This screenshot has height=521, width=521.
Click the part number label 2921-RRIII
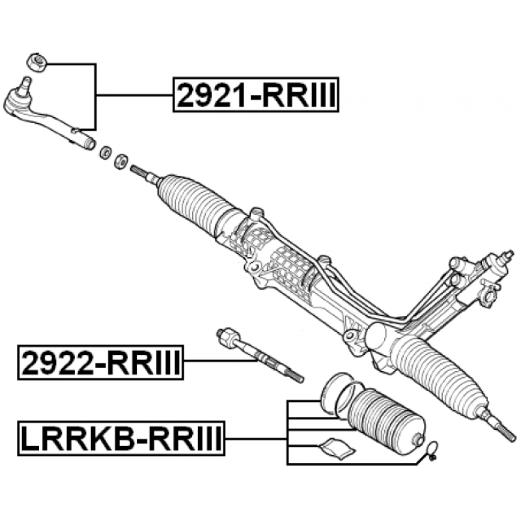pyautogui.click(x=256, y=94)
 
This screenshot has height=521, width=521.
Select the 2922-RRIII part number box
pyautogui.click(x=100, y=363)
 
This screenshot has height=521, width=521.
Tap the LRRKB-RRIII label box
pyautogui.click(x=121, y=438)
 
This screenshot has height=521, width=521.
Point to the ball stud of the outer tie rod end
pyautogui.click(x=25, y=86)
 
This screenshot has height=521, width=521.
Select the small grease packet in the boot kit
pyautogui.click(x=336, y=448)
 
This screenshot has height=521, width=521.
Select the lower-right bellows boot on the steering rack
pyautogui.click(x=440, y=377)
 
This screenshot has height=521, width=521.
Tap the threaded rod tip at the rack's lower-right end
pyautogui.click(x=506, y=432)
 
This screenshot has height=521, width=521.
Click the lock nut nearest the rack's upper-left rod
pyautogui.click(x=120, y=161)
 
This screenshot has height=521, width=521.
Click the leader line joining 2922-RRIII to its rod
pyautogui.click(x=220, y=361)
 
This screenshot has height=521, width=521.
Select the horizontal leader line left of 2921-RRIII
pyautogui.click(x=134, y=95)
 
